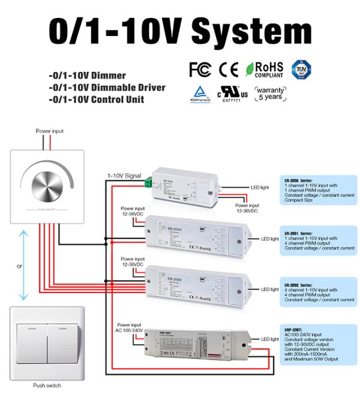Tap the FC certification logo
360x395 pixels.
click(x=200, y=70)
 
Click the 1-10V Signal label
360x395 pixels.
click(x=124, y=176)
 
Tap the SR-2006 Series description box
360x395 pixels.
click(x=317, y=190)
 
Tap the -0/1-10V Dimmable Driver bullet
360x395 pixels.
click(x=107, y=88)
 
